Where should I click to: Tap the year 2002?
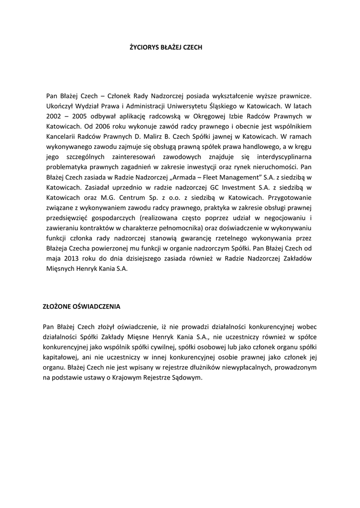point(53,116)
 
